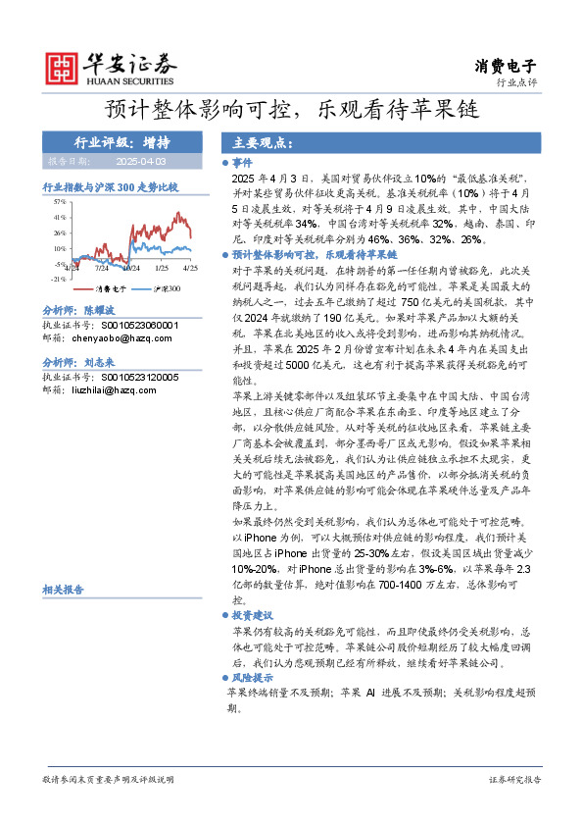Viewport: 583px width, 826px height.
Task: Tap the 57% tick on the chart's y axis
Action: click(x=59, y=201)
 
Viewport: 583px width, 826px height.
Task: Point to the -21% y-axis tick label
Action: click(x=58, y=279)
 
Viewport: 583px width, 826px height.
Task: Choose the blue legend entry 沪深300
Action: click(x=163, y=289)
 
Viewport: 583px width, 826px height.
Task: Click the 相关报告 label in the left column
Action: click(x=63, y=589)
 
